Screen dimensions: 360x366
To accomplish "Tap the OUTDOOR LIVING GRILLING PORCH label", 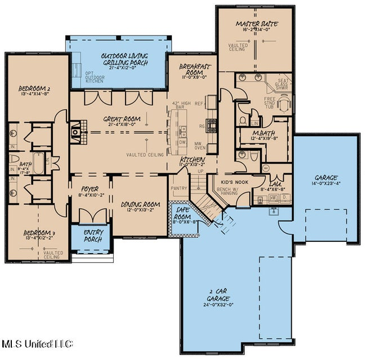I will point(124,60).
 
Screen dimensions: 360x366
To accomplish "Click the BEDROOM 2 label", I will point(30,89).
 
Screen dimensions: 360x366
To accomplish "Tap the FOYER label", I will point(89,188).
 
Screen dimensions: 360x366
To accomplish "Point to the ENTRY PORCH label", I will point(93,236).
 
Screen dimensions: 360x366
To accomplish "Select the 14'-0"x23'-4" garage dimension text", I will point(327,183).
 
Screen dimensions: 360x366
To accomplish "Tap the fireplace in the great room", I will point(75,132).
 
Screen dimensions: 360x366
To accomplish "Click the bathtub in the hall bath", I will point(38,163).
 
